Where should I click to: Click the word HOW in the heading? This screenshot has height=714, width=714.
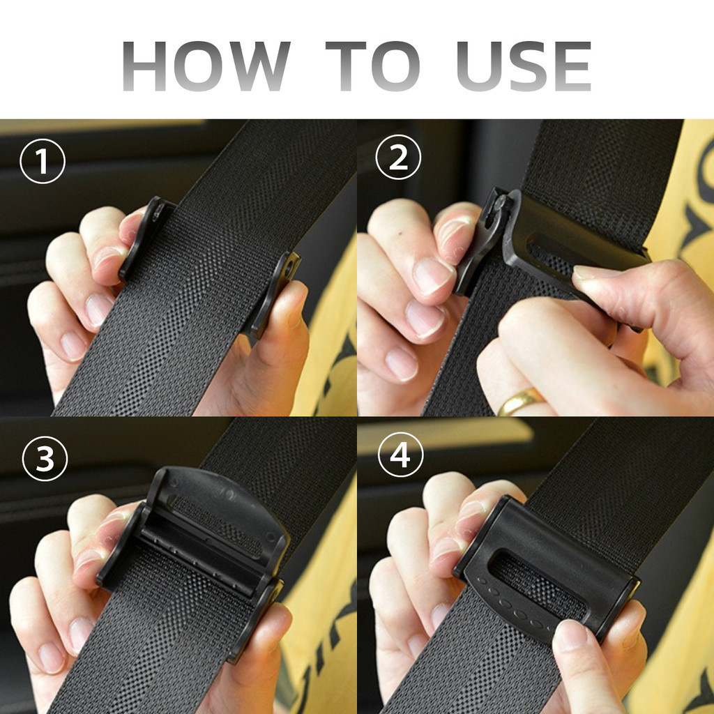coord(206,66)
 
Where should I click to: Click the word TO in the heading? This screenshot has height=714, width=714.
coord(372,66)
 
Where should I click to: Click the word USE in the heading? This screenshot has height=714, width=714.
coord(524,66)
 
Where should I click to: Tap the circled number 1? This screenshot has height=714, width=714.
coord(43,161)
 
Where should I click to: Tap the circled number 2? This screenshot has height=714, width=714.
coord(398,158)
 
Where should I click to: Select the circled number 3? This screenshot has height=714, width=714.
coord(45,459)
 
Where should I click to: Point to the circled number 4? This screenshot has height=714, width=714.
coord(401,455)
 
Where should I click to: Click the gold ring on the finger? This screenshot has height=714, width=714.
coord(519,401)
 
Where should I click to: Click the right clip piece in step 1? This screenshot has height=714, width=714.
coord(273,294)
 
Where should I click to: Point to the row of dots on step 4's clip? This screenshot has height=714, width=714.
coord(512,603)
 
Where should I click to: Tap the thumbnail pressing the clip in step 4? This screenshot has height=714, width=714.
coord(572,635)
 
